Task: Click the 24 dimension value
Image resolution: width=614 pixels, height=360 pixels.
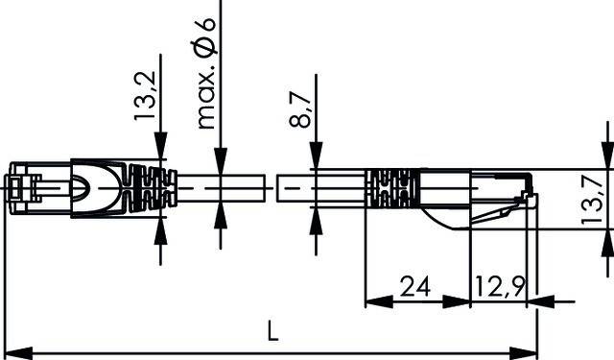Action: [413, 285]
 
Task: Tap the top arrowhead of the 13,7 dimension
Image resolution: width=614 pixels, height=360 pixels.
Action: [606, 156]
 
